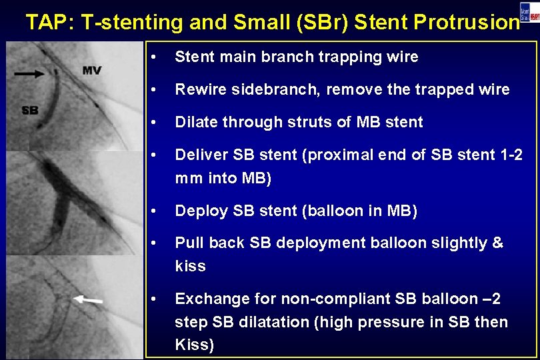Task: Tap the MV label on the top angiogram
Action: tap(92, 70)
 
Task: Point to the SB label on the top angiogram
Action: tap(30, 110)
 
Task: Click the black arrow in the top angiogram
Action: tap(32, 74)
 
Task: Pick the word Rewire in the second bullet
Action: tap(197, 89)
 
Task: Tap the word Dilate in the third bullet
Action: tap(193, 122)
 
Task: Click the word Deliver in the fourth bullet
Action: tap(199, 155)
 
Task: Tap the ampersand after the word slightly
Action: tap(497, 243)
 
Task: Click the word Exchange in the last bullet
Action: tap(207, 299)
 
